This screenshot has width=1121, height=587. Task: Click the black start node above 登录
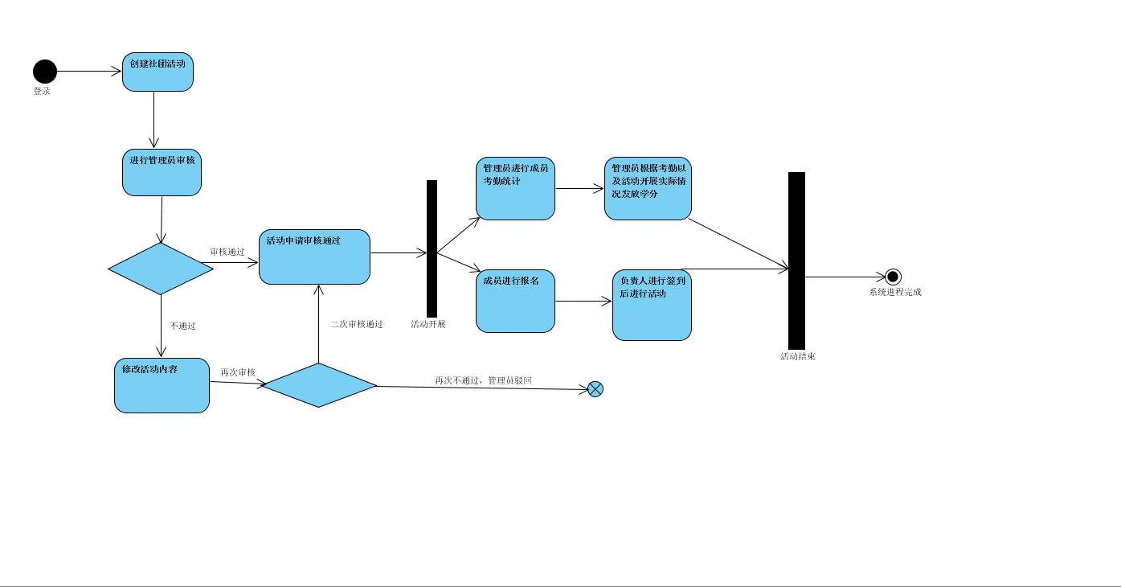pos(45,72)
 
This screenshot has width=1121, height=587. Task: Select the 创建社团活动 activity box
pos(158,72)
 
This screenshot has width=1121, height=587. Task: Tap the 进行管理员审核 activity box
pos(162,172)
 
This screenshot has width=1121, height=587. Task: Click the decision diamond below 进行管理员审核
pos(161,269)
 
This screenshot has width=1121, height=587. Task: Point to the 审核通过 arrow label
pos(227,252)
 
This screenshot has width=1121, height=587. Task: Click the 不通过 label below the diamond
pos(183,326)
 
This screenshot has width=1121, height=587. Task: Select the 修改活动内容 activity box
pos(162,385)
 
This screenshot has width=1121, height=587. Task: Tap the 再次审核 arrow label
pos(238,372)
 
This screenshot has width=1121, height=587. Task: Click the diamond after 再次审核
pos(319,385)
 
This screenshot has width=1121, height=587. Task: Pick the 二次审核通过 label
pos(357,324)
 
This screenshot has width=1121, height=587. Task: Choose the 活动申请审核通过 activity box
pos(314,257)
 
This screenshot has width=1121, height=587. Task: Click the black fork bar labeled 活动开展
pos(432,248)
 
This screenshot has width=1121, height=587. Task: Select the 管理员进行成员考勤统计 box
pos(515,188)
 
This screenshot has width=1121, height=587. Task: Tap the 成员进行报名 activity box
pos(515,301)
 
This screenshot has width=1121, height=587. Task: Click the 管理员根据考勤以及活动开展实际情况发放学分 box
pos(648,188)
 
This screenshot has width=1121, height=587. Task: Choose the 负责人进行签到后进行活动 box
pos(652,305)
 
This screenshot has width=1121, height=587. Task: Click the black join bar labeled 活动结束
pos(796,261)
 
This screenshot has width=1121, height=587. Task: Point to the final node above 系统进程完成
pos(893,277)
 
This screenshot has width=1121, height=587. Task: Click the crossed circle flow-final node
pos(595,389)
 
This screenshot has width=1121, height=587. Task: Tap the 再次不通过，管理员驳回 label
pos(484,380)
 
